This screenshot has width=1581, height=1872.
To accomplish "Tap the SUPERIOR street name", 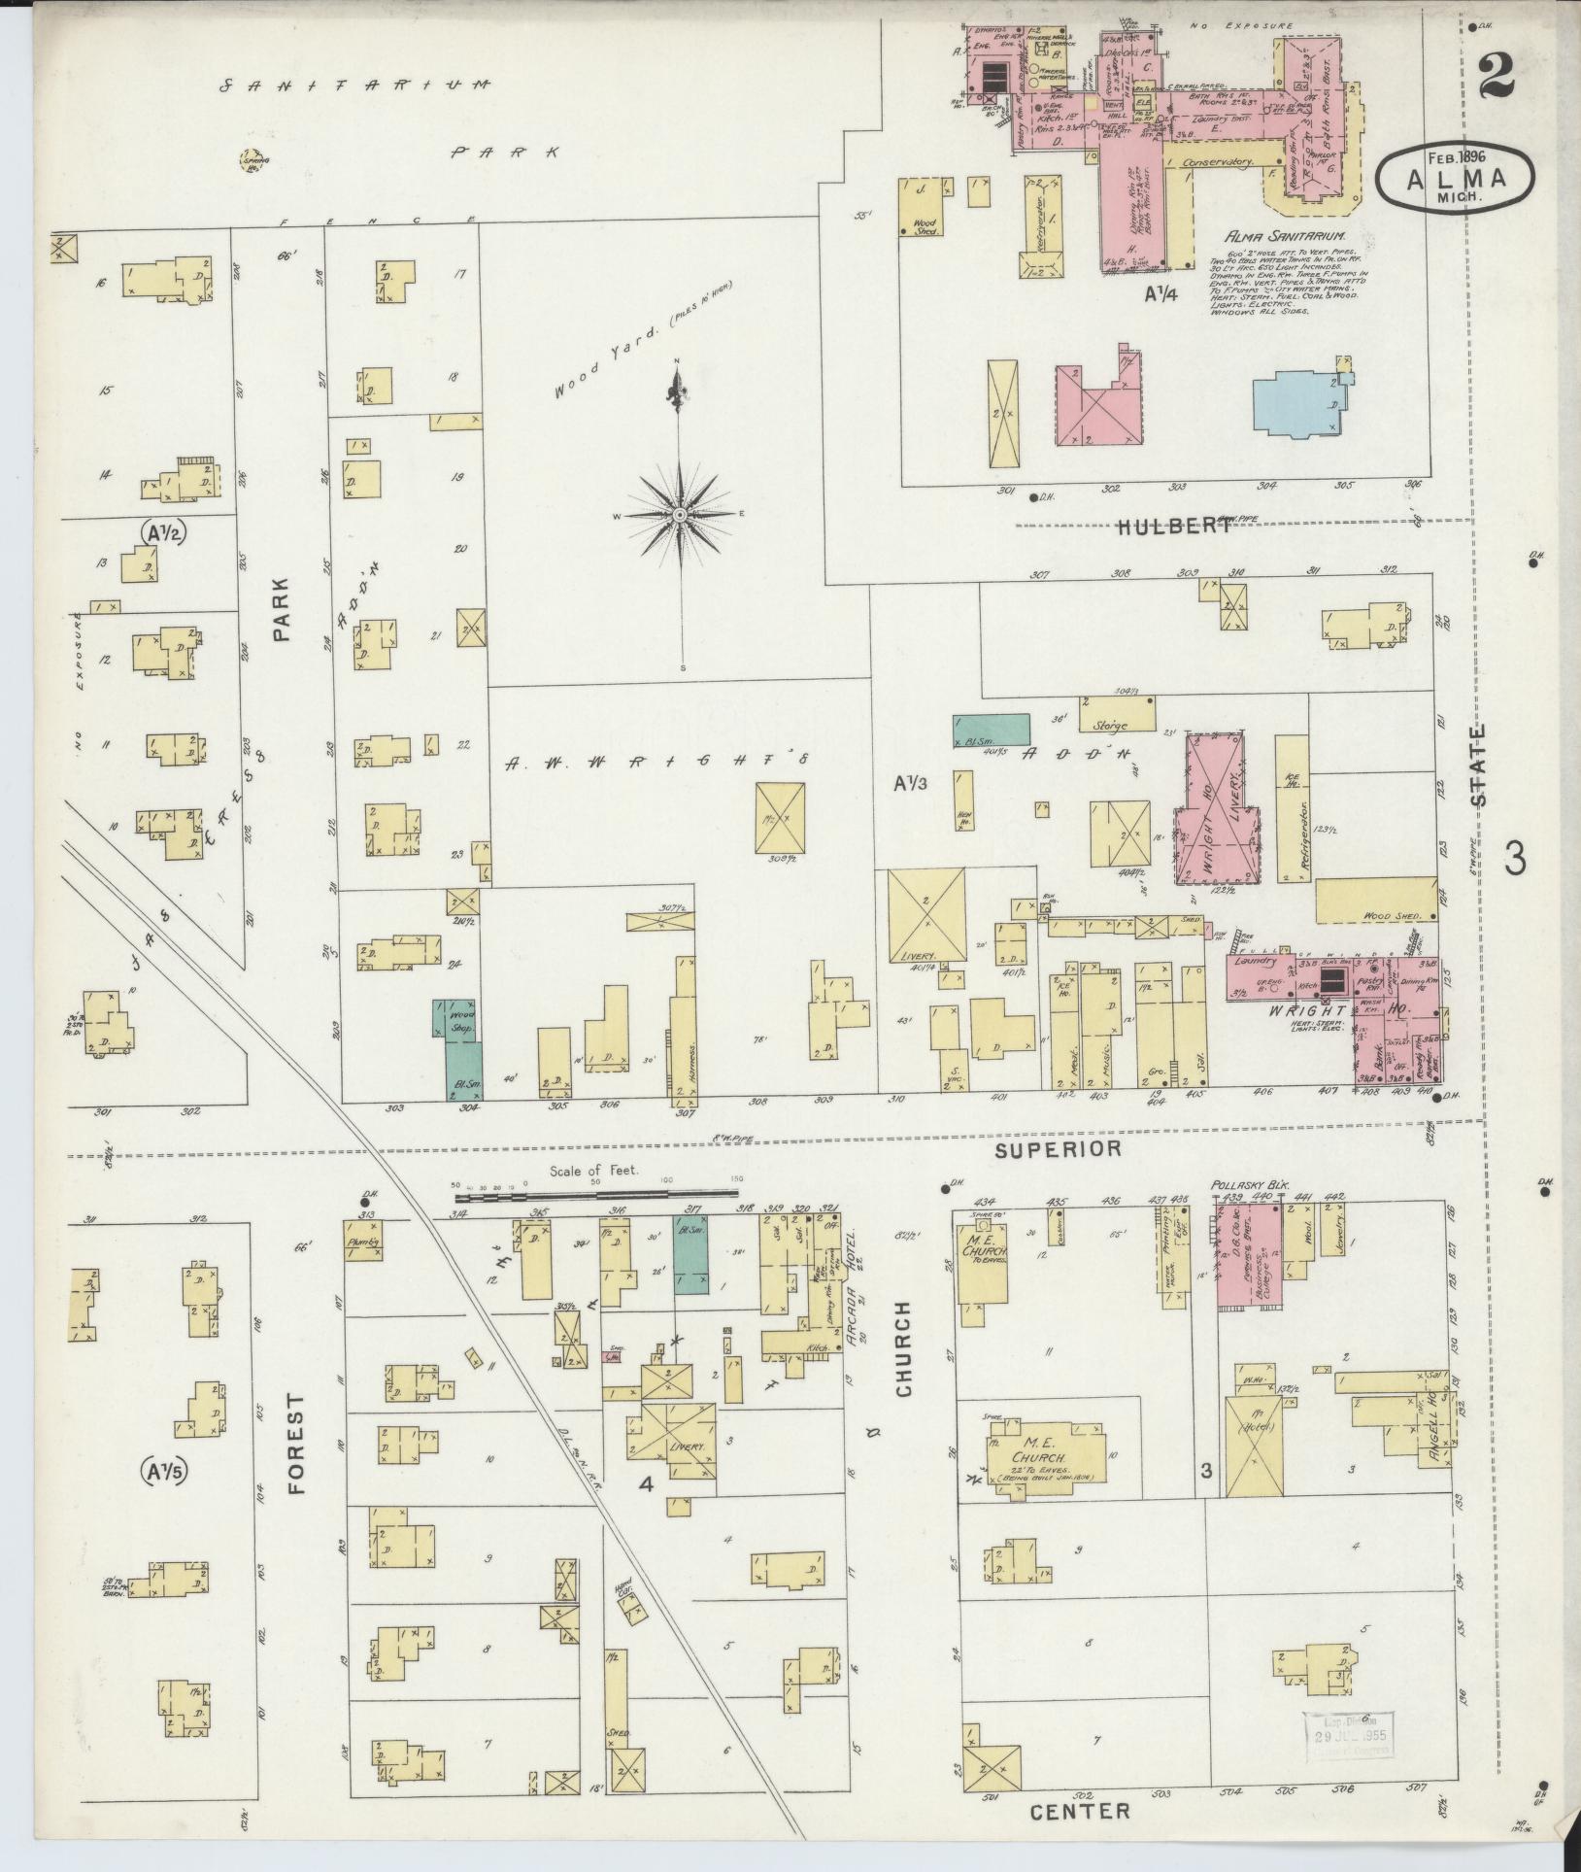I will [1058, 1148].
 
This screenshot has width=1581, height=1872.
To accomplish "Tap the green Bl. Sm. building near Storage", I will [991, 730].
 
